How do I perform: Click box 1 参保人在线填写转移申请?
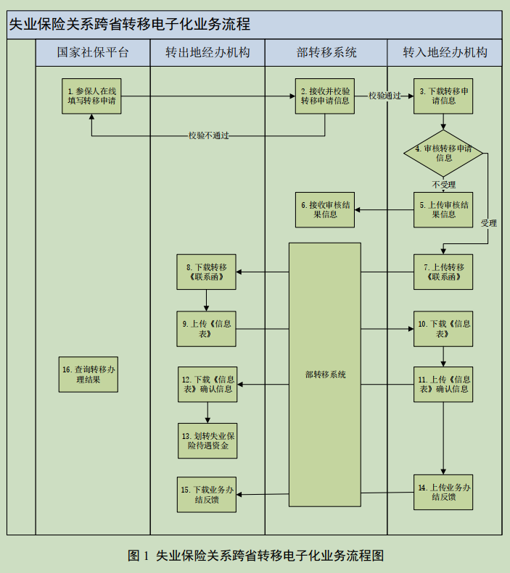click(91, 96)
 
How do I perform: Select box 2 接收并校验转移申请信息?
click(325, 96)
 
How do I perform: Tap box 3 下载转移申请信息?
click(443, 96)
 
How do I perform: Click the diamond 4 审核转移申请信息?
click(443, 152)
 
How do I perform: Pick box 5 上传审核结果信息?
click(443, 210)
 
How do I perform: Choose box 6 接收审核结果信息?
click(325, 210)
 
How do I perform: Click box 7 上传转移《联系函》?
click(443, 272)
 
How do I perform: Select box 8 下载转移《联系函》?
click(207, 272)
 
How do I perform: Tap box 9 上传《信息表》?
click(207, 329)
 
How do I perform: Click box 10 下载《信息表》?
click(443, 329)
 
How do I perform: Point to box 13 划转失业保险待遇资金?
click(207, 440)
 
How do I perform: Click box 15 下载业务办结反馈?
click(207, 495)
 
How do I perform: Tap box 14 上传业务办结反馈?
click(443, 492)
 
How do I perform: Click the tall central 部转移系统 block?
click(325, 375)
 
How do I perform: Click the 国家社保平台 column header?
click(93, 53)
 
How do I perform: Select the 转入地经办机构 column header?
click(445, 53)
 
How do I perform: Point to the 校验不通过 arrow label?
click(209, 135)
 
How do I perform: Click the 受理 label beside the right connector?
click(488, 223)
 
